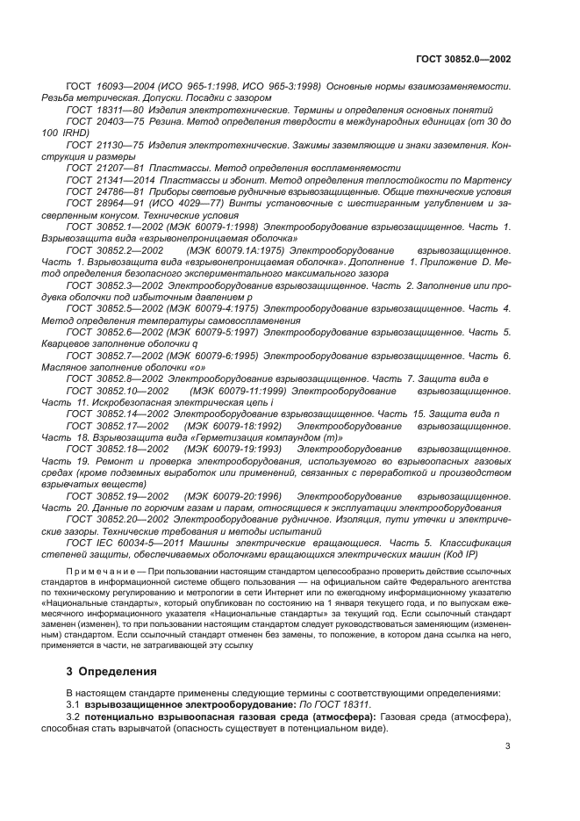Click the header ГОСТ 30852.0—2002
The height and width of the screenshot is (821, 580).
pos(464,59)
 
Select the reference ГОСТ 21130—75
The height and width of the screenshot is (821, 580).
pos(104,144)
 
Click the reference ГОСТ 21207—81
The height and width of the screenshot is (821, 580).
pos(104,167)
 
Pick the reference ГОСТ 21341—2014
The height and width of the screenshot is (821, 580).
pos(109,179)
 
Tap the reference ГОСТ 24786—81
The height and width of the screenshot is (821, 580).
pos(104,191)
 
